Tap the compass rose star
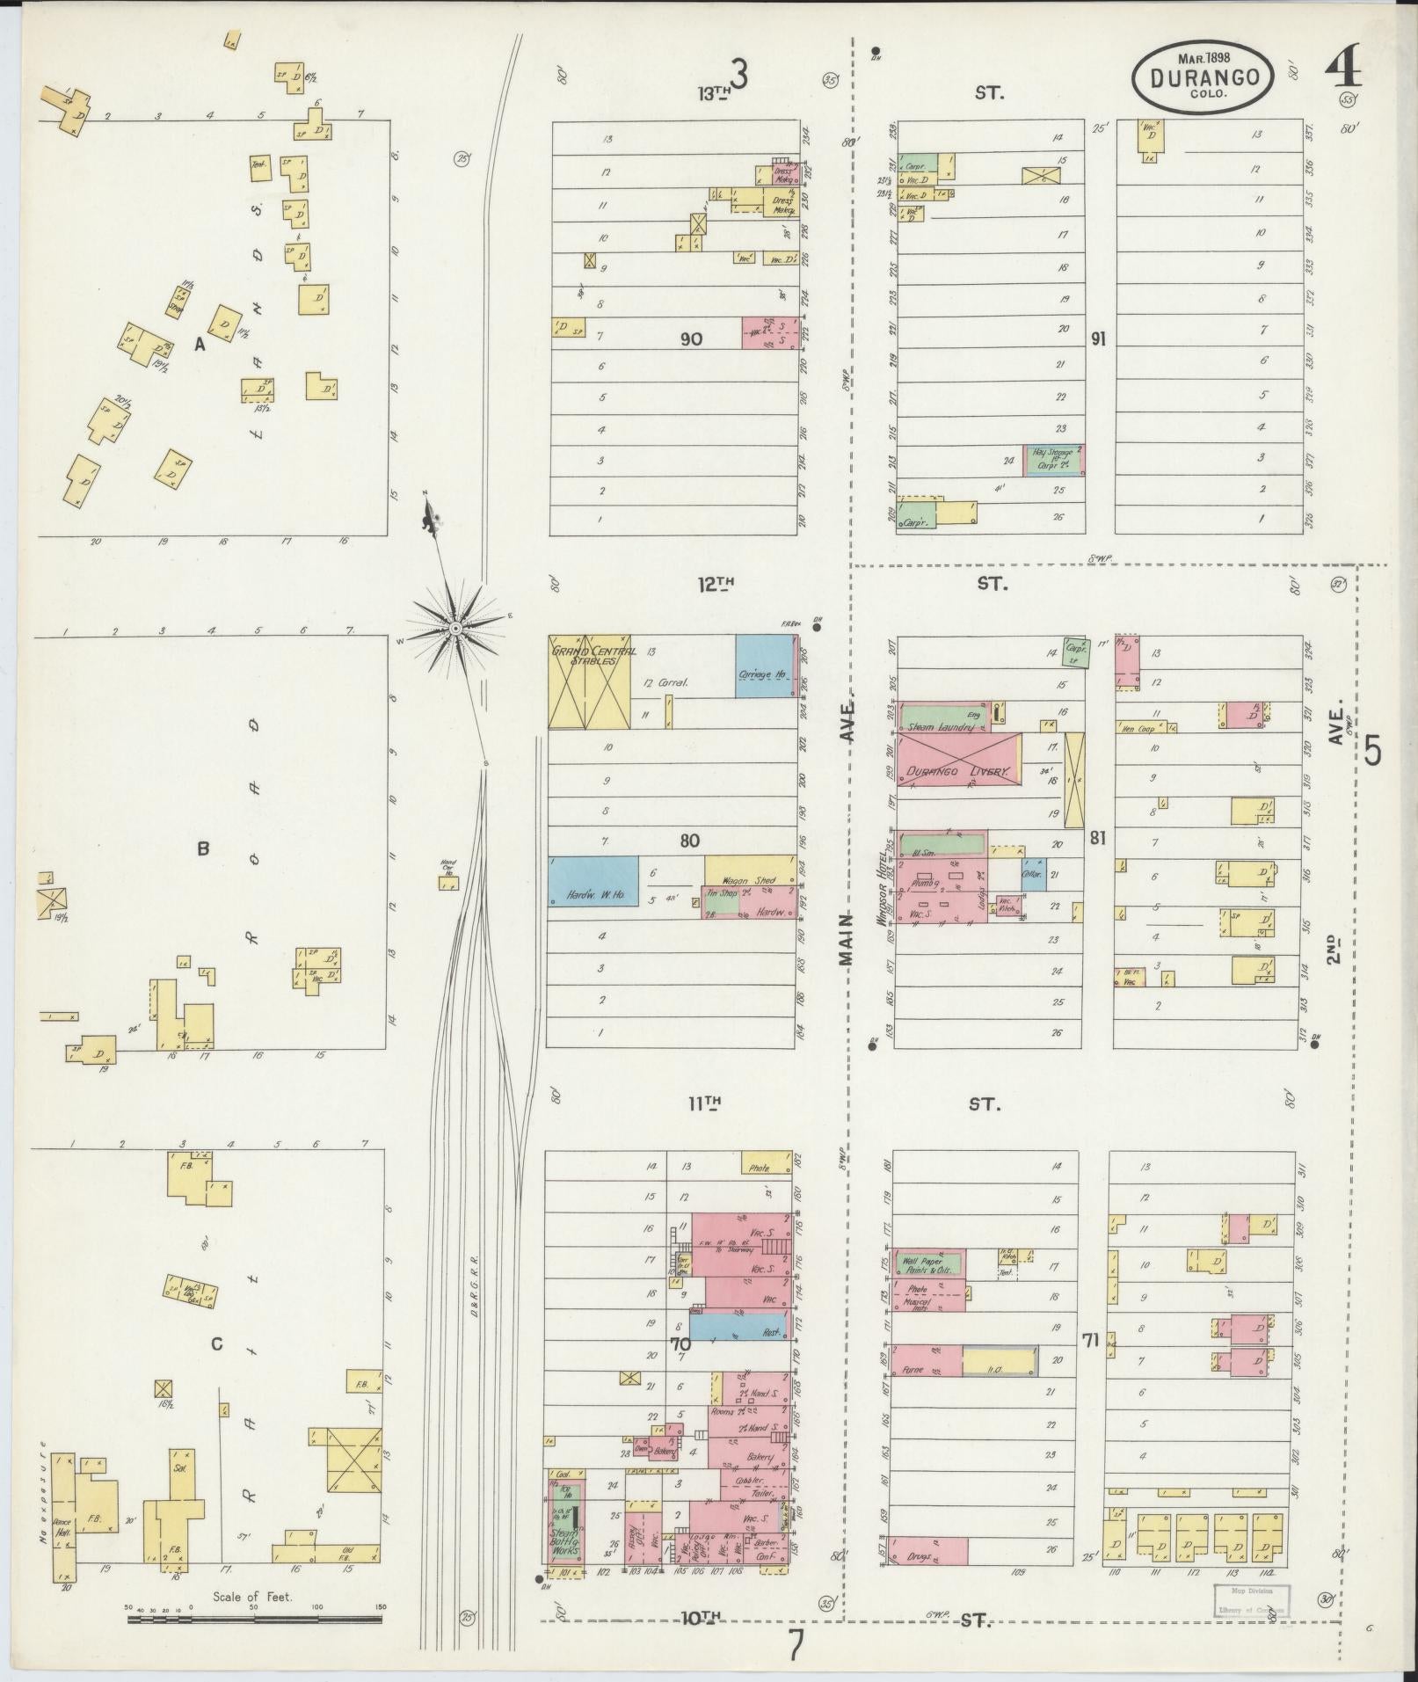[454, 628]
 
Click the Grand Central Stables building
[589, 682]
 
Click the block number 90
[691, 339]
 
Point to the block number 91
[1097, 339]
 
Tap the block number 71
[1091, 1365]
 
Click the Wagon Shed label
[747, 880]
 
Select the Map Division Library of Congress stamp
[1251, 1599]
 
